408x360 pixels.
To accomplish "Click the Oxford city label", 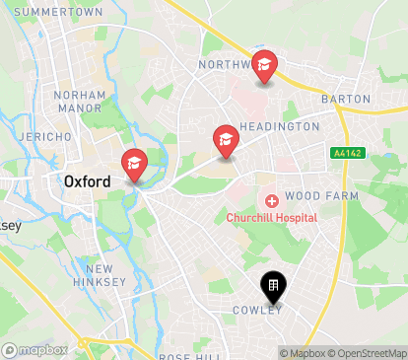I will click(x=87, y=180).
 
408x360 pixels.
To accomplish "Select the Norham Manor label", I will click(x=80, y=102).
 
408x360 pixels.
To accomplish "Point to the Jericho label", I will click(x=44, y=136).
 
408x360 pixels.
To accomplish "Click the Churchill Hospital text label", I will click(x=271, y=217).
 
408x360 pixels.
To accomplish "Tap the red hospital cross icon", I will click(x=271, y=200).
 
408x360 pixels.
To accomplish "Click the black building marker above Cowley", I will click(x=273, y=287).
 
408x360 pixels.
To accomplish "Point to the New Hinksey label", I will click(x=106, y=275).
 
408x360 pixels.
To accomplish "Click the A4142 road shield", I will click(x=346, y=153).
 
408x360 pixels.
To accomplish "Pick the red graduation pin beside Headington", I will click(x=226, y=140).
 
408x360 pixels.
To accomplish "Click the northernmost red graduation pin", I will click(x=264, y=66).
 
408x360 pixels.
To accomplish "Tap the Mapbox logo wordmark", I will click(x=35, y=350).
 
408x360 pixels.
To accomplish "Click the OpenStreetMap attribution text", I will click(x=371, y=353).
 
